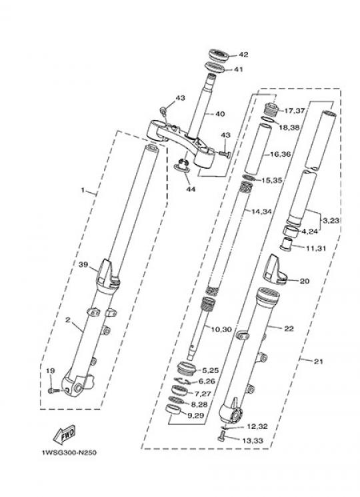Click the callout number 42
coord(243,55)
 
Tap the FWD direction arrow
coord(65,434)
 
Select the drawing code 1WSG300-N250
coord(69,452)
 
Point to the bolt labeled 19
coord(52,390)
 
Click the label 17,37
coord(295,111)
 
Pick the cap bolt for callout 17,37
coord(271,110)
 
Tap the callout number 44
coord(190,189)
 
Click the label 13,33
coord(253,440)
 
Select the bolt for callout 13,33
coord(221,438)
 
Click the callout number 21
coord(318,361)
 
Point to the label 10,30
coord(221,330)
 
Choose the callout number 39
coord(83,264)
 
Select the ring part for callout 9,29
coord(173,410)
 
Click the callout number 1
coord(83,190)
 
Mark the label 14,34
coord(261,211)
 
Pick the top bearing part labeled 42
coord(219,55)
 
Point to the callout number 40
coord(220,114)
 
